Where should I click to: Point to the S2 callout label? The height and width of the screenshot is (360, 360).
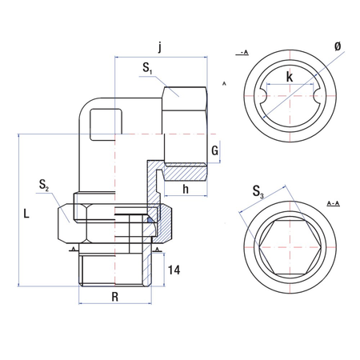(x=43, y=186)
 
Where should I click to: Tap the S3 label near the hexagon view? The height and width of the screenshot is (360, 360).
(x=256, y=191)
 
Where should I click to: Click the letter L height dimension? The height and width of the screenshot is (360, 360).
(x=26, y=214)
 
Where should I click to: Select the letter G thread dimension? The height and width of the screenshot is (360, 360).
(x=214, y=150)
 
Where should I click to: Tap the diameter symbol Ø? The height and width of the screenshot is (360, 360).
(x=337, y=47)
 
